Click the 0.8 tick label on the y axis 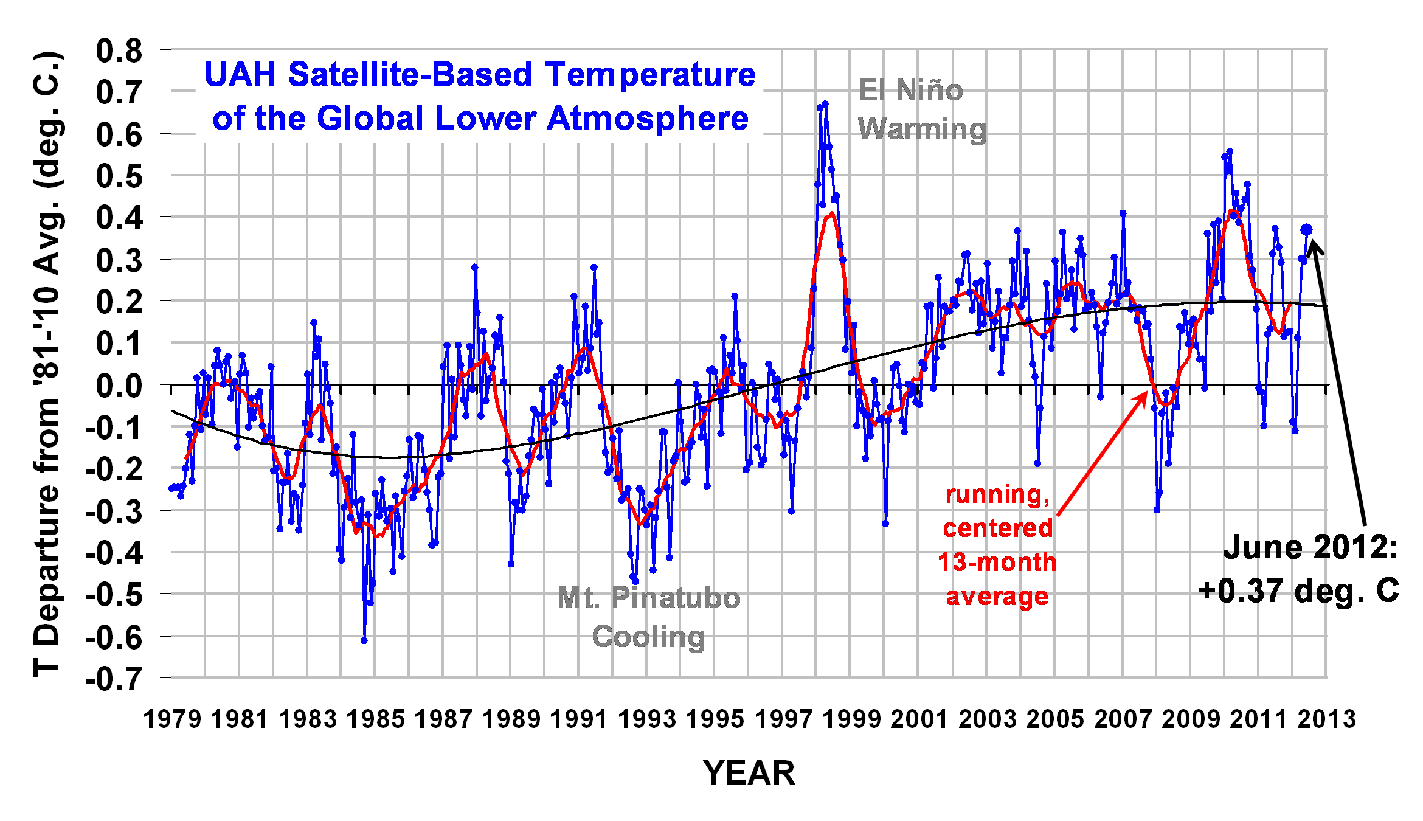click(x=119, y=51)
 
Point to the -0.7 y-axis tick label click(x=114, y=679)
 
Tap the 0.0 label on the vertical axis click(x=119, y=386)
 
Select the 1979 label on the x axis click(x=171, y=719)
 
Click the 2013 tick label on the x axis click(x=1326, y=719)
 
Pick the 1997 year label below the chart click(x=783, y=719)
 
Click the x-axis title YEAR click(x=749, y=773)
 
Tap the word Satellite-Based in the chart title click(x=411, y=75)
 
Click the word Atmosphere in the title click(x=648, y=118)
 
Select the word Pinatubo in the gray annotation click(x=676, y=598)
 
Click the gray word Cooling click(x=648, y=637)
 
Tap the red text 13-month click(x=997, y=563)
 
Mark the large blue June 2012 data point click(x=1306, y=230)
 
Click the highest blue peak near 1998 click(x=825, y=104)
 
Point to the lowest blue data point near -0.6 click(x=364, y=640)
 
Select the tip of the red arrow click(x=1147, y=393)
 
